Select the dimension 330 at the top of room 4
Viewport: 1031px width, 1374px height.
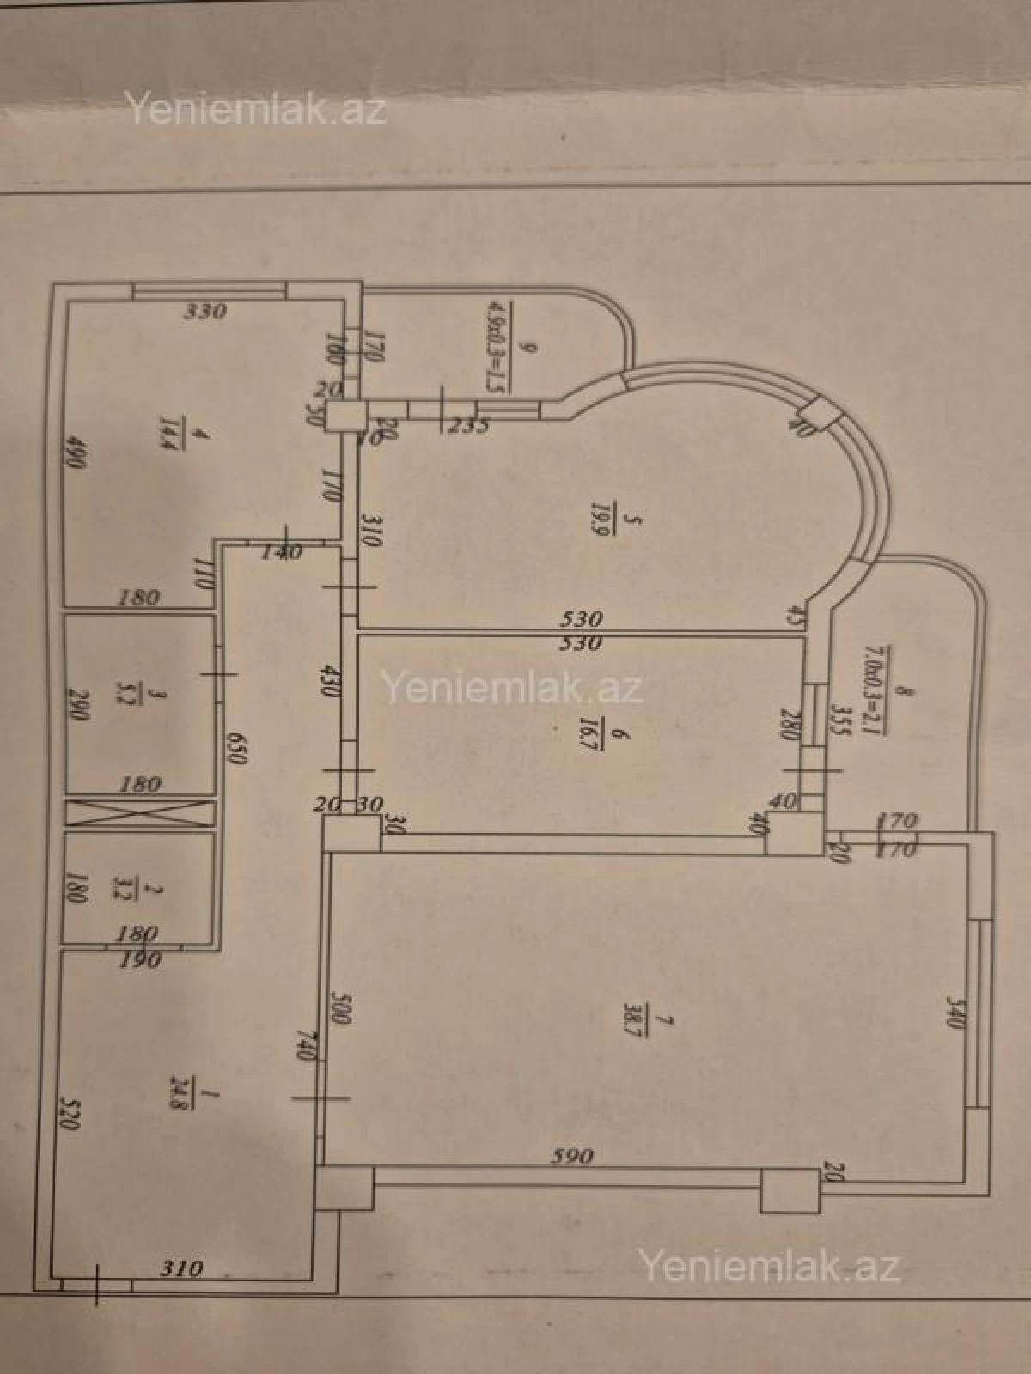204,310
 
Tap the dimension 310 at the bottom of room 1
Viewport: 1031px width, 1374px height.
182,1268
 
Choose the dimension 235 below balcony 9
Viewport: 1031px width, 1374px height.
468,425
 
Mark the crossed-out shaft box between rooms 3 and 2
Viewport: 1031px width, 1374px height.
139,812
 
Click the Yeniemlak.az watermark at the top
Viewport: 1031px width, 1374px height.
256,110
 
